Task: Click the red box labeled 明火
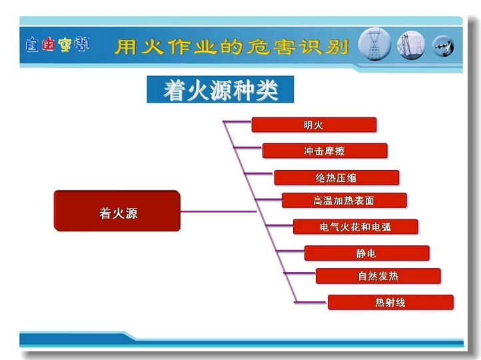tap(314, 125)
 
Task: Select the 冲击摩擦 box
tap(325, 151)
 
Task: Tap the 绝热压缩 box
tap(336, 178)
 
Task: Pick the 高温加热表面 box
tap(344, 201)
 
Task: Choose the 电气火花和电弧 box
tap(356, 227)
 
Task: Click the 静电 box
tap(367, 253)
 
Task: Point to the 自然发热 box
tap(378, 276)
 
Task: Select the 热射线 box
tap(390, 302)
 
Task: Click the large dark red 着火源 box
tap(117, 211)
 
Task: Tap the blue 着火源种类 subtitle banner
tap(221, 89)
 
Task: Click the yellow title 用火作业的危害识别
tap(232, 47)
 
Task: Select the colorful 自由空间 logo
tap(57, 45)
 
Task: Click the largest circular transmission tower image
tap(374, 44)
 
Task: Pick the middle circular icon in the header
tap(411, 45)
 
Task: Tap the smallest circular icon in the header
tap(443, 47)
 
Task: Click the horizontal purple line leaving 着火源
tap(218, 211)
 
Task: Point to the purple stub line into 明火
tap(237, 122)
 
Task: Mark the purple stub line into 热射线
tap(311, 302)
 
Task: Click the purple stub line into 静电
tap(290, 251)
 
